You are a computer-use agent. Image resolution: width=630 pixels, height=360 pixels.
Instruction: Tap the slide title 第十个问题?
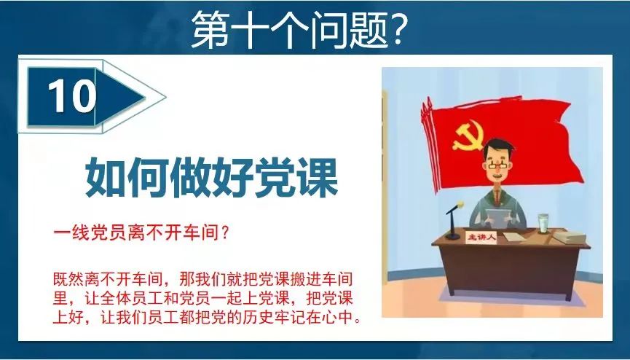pyautogui.click(x=299, y=29)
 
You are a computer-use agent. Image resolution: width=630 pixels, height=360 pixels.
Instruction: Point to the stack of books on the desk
pyautogui.click(x=572, y=238)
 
